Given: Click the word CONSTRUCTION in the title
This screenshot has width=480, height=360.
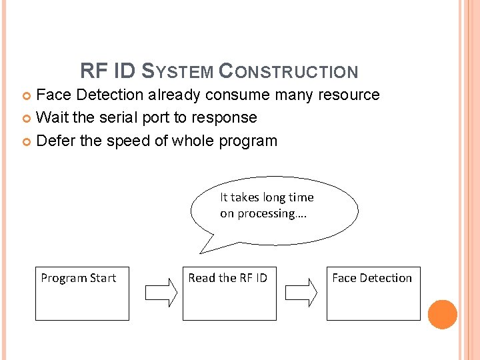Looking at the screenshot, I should coord(288,71).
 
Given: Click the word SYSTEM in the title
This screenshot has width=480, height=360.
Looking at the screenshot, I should coord(179,71).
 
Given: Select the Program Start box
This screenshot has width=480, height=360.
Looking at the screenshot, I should coord(82,293).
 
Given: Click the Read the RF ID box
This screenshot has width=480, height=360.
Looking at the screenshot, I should coord(229,293).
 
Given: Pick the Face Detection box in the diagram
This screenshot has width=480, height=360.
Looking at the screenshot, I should coord(373,293).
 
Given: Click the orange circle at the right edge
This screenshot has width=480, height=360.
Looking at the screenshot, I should coord(443,315).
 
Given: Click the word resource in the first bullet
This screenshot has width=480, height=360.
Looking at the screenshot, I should coord(349,95).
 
